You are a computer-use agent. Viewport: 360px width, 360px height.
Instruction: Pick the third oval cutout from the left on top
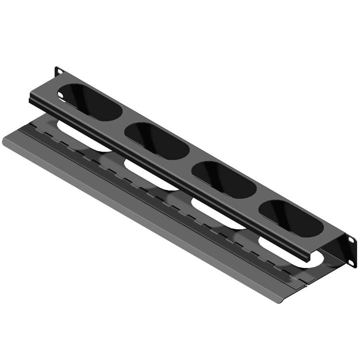(224, 179)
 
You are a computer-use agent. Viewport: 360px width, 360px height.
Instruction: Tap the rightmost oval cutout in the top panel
(290, 217)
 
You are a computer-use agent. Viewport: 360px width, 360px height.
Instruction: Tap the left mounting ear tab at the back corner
(59, 71)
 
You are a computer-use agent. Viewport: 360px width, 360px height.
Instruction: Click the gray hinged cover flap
(144, 216)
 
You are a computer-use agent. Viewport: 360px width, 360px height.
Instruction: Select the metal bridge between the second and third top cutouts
(191, 159)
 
